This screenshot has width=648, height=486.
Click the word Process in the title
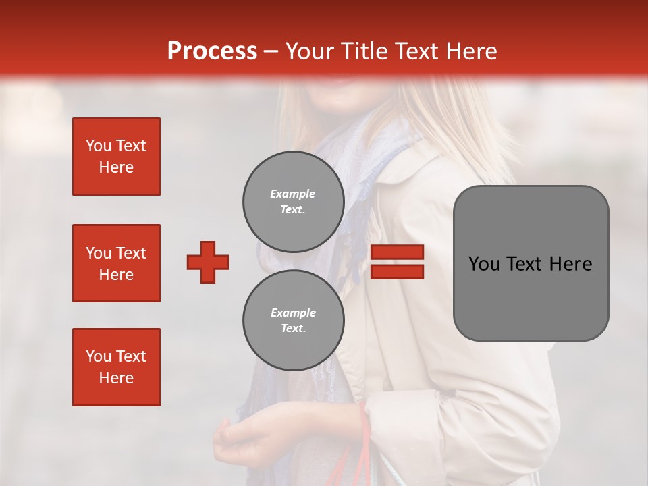pyautogui.click(x=212, y=51)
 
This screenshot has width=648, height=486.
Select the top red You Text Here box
pyautogui.click(x=116, y=157)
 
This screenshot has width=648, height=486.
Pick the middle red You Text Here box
pyautogui.click(x=116, y=263)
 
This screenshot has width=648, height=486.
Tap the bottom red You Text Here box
pyautogui.click(x=116, y=367)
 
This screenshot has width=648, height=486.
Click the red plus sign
pyautogui.click(x=208, y=262)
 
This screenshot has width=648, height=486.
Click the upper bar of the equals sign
pyautogui.click(x=397, y=252)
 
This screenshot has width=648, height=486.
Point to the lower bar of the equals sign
pyautogui.click(x=397, y=271)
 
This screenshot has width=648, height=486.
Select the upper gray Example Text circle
pyautogui.click(x=293, y=201)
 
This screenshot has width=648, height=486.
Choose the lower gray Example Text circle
pyautogui.click(x=293, y=321)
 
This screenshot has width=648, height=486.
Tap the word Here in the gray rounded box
pyautogui.click(x=570, y=264)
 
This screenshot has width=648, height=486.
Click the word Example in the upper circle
pyautogui.click(x=293, y=194)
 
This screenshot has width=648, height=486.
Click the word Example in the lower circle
pyautogui.click(x=293, y=313)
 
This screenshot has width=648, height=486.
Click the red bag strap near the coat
pyautogui.click(x=366, y=432)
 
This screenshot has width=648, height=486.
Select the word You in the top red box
pyautogui.click(x=98, y=146)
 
